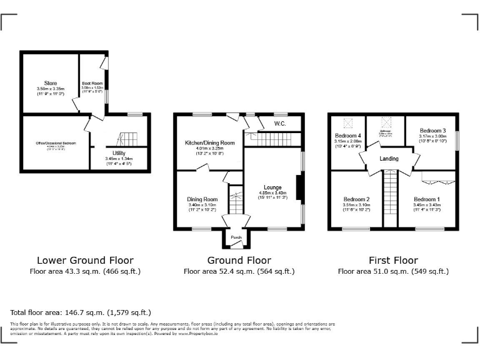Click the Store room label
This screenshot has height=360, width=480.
(50, 83)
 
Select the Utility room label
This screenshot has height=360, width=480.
(119, 153)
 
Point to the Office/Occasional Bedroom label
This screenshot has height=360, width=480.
(56, 143)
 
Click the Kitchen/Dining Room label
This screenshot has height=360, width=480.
(209, 143)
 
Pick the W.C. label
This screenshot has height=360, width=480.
(279, 124)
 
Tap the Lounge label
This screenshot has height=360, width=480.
(272, 187)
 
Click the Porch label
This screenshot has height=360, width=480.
(236, 237)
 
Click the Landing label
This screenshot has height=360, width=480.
(389, 159)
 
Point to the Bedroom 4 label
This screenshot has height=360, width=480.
(347, 136)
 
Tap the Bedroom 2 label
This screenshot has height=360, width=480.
(356, 199)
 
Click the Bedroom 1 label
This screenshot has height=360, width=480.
(426, 199)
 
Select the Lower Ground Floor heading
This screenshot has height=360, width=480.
(85, 260)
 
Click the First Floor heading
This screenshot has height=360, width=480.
(393, 260)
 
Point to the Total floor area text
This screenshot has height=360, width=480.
(81, 312)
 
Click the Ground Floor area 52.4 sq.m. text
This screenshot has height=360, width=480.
(239, 271)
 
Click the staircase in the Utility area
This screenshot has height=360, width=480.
(126, 138)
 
